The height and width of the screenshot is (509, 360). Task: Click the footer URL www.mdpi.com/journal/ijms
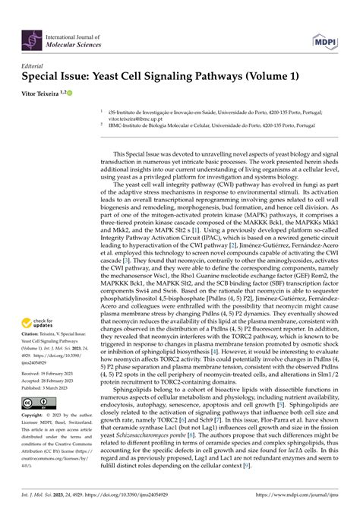[x=307, y=495]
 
